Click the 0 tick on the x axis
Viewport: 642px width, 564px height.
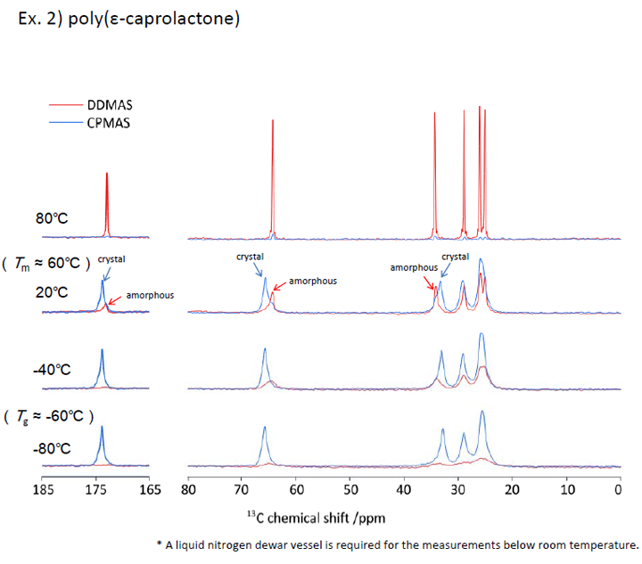click(x=619, y=489)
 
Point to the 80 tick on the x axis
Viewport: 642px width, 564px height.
click(x=188, y=489)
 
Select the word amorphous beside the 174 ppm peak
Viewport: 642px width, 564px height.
click(x=150, y=294)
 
